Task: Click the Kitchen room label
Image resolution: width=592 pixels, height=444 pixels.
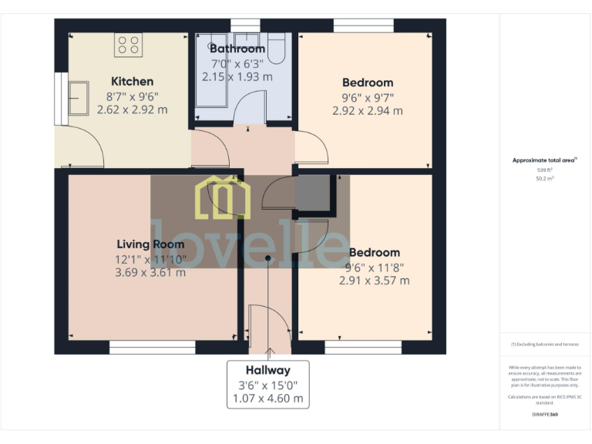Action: [132, 81]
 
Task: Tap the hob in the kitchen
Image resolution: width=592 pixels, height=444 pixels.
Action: [127, 45]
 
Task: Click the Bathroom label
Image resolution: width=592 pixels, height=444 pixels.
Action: [237, 49]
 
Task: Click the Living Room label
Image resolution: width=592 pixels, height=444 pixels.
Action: [150, 244]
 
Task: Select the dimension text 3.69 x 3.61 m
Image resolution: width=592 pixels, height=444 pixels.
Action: [150, 272]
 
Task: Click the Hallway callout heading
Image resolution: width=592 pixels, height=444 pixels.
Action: [267, 370]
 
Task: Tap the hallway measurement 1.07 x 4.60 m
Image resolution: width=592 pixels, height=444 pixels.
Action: [267, 399]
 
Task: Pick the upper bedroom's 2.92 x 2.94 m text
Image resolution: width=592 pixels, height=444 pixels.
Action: [367, 110]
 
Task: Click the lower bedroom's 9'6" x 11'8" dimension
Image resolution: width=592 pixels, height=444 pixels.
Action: [374, 267]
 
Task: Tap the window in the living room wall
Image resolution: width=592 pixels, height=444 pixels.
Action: [152, 348]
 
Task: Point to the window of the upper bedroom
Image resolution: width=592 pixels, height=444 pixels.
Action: [363, 25]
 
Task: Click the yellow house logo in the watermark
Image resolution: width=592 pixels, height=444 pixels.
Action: [224, 197]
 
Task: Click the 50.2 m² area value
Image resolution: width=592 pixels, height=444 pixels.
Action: [544, 178]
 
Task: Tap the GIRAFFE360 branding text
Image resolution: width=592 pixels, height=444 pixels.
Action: [544, 415]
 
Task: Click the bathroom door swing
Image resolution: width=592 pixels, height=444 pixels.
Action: [249, 108]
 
